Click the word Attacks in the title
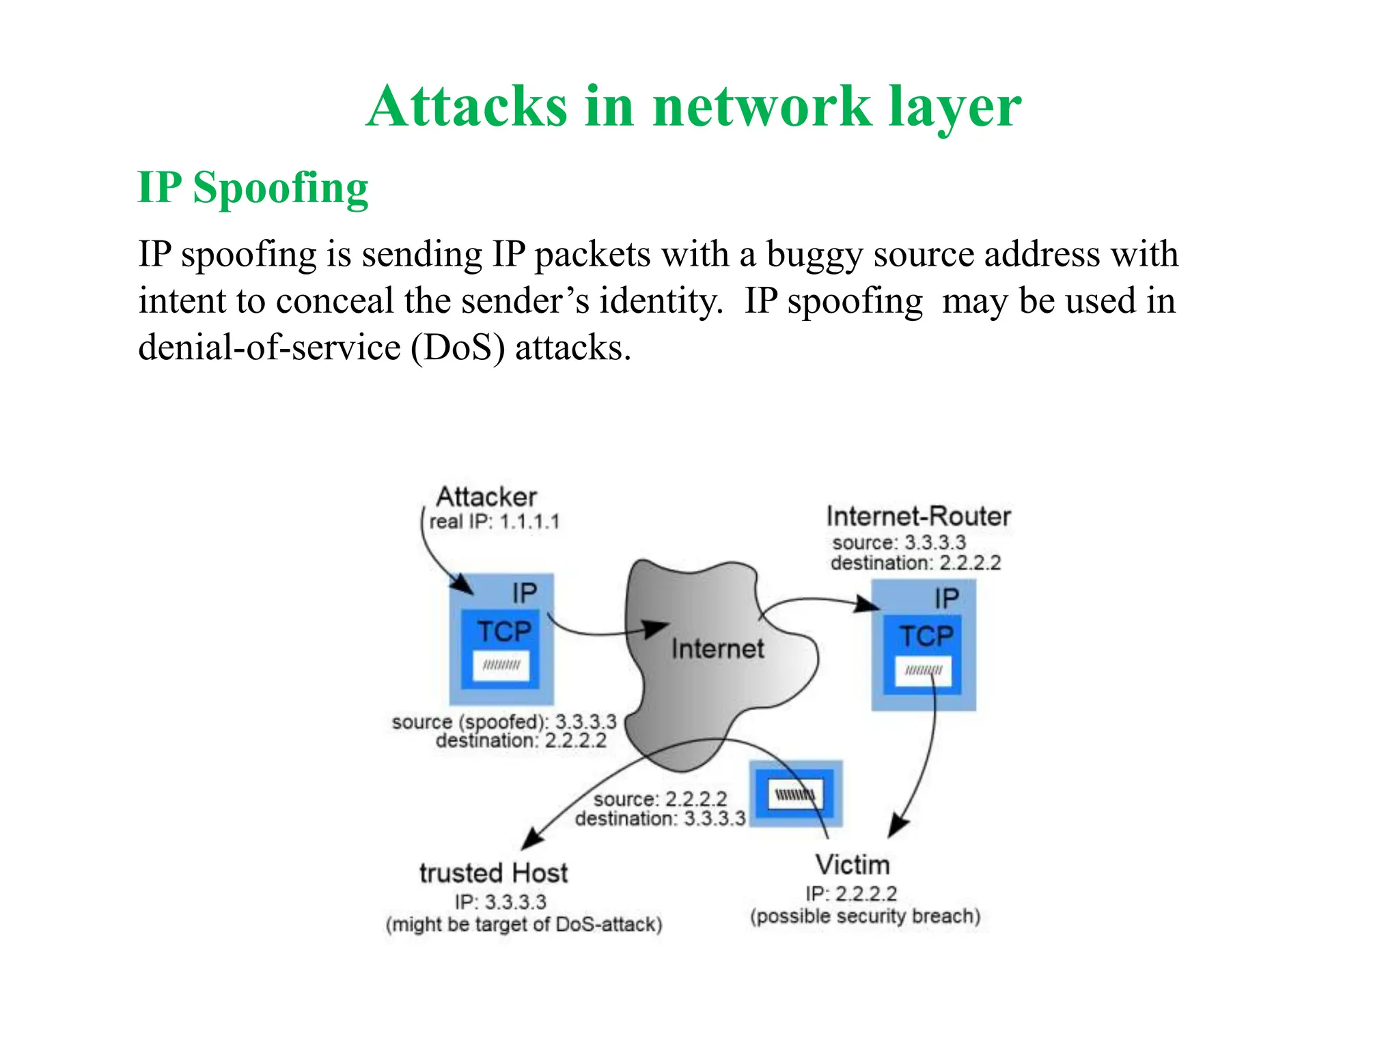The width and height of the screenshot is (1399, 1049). [x=467, y=107]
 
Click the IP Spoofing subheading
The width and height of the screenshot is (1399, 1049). [x=253, y=188]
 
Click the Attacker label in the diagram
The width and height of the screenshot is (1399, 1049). [x=486, y=496]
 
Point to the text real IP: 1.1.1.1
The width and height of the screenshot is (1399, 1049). [x=494, y=522]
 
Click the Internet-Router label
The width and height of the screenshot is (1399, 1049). [x=917, y=516]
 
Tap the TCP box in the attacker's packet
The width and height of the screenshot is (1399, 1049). [x=503, y=631]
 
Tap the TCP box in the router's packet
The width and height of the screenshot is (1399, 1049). [x=926, y=636]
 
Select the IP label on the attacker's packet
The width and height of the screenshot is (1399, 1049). [x=524, y=593]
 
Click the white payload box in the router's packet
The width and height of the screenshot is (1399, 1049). [x=923, y=671]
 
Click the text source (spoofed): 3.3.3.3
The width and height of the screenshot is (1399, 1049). [x=503, y=722]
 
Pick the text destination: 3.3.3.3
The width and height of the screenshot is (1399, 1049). [x=660, y=819]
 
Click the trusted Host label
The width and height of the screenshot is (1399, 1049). [x=493, y=873]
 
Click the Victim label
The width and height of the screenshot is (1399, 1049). [x=852, y=865]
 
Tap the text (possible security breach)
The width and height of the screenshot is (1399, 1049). [x=865, y=917]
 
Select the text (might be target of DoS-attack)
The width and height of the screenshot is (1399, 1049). [x=524, y=925]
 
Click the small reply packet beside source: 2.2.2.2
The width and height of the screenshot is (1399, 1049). [x=796, y=794]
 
